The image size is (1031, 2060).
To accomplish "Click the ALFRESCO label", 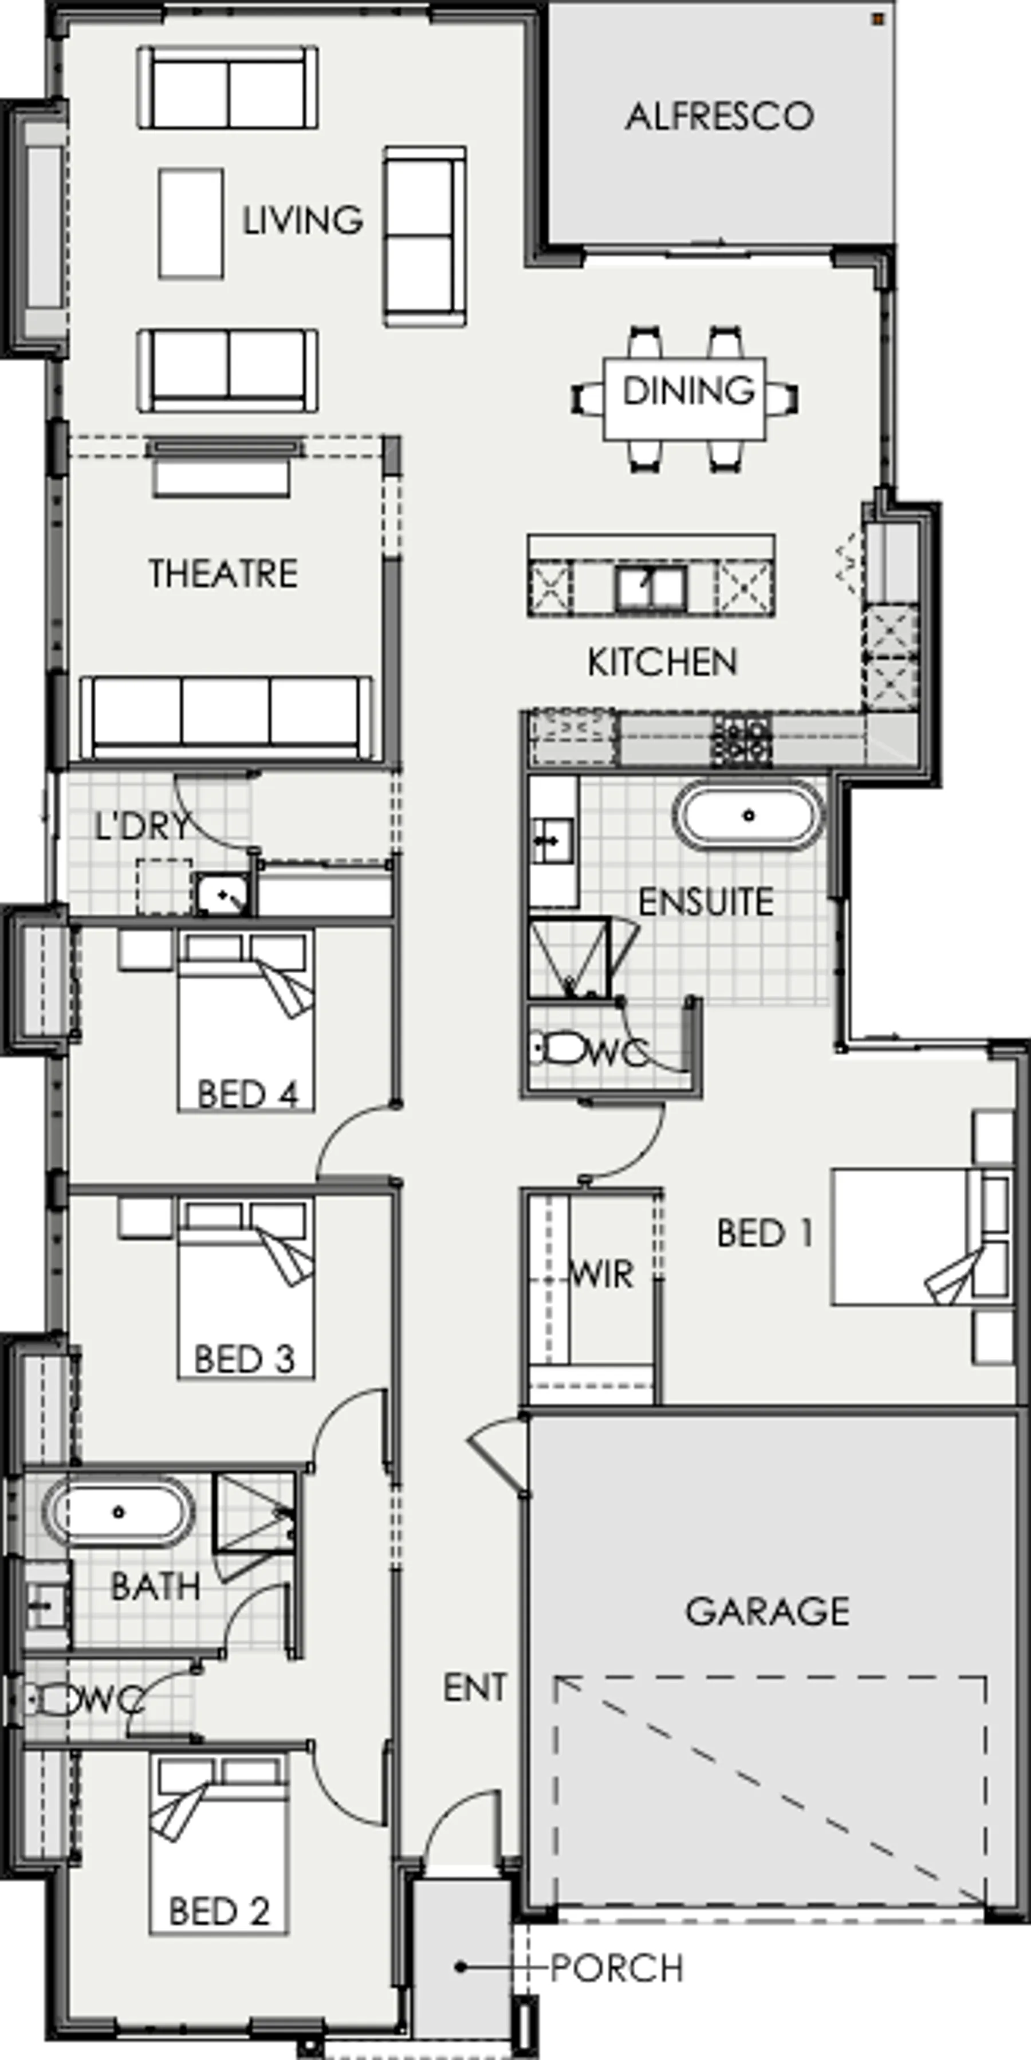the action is (719, 117).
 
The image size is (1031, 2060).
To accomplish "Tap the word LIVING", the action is (303, 220).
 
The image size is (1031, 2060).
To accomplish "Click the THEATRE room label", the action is (223, 573).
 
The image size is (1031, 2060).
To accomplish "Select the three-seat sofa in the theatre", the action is (227, 716).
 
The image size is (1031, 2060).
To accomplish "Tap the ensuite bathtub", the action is (749, 816).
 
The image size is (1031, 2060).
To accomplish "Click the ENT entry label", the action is (475, 1687).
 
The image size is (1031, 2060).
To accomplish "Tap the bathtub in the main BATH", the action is (119, 1511).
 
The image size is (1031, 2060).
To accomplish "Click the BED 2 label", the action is (220, 1910).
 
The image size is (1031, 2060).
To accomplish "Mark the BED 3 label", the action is (245, 1358).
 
